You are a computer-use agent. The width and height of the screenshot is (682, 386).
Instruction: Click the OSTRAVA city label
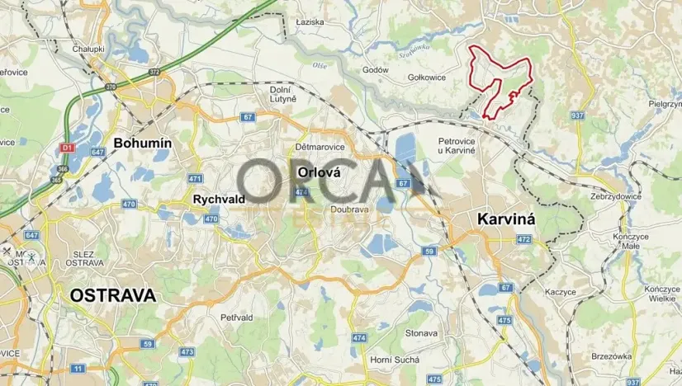tap(111, 295)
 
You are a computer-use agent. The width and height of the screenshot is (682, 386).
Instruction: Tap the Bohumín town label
tap(142, 143)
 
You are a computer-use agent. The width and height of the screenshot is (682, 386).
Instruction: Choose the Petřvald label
tap(236, 317)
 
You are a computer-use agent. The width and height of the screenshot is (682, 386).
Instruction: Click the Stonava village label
tap(421, 333)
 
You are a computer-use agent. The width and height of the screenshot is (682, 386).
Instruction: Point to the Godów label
tap(376, 70)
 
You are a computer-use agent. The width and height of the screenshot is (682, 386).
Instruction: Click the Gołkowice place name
tap(427, 78)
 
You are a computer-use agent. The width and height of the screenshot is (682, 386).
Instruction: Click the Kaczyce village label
tap(561, 292)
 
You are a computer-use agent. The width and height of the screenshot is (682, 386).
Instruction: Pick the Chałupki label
tap(87, 49)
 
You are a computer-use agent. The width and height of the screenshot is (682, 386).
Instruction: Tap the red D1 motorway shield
tap(67, 147)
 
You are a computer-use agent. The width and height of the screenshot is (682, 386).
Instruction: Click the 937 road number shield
tap(577, 115)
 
